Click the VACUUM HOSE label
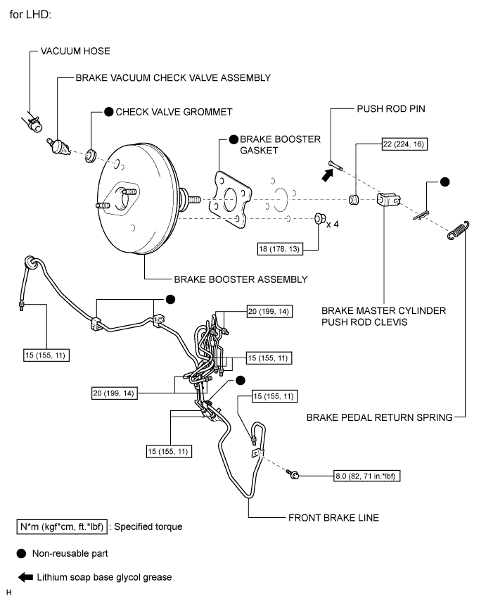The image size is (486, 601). click(x=76, y=51)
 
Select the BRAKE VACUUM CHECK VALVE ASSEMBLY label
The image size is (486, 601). click(x=173, y=77)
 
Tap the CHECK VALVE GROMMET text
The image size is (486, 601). click(x=174, y=112)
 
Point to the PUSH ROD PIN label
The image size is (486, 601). click(x=391, y=110)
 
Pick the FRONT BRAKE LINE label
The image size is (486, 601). click(x=333, y=517)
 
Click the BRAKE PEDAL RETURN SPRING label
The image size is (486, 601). click(x=379, y=417)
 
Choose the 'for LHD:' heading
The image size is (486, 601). click(x=30, y=13)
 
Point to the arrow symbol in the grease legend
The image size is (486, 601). click(x=26, y=577)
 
